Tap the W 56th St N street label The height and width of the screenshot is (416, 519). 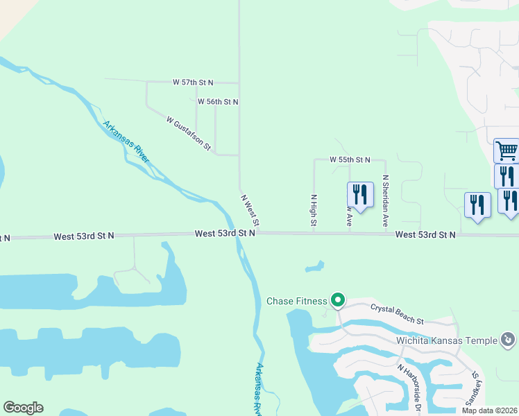coord(218,102)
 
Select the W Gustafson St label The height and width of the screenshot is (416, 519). coord(189,132)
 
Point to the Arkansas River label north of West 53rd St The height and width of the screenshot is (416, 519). coord(126,142)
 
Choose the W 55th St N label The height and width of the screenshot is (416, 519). coord(350,159)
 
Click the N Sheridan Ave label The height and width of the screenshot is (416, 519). coord(385,201)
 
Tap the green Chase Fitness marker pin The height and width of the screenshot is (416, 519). coord(338,300)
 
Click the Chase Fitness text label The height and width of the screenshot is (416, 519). coord(296,301)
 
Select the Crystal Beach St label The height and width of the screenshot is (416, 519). coord(397,313)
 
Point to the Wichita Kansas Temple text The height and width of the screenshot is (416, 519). coord(446,340)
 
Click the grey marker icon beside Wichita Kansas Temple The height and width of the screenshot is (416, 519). coord(509,340)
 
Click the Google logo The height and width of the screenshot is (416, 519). coord(23,408)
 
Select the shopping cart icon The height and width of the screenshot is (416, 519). coord(507,150)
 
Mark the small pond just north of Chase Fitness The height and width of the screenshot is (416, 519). coord(314,266)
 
